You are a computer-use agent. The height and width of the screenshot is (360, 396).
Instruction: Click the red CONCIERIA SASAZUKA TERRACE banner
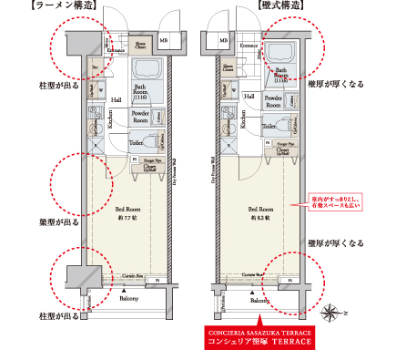coord(261,338)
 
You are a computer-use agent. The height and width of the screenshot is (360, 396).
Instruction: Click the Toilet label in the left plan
coord(136,142)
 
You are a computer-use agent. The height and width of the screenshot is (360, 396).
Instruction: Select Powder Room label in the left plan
coord(141,117)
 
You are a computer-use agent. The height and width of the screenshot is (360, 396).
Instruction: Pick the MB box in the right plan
coord(224,40)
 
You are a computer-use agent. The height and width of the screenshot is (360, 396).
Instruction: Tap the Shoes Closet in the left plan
coord(141,43)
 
